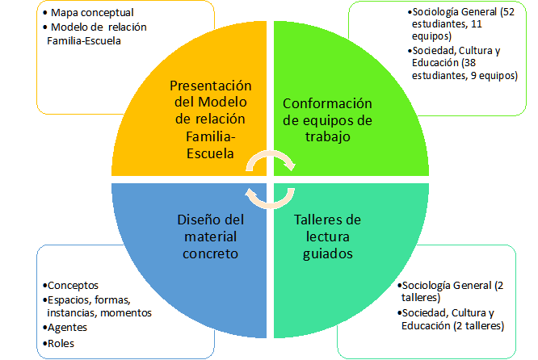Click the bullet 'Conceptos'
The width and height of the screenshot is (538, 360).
pyautogui.click(x=74, y=285)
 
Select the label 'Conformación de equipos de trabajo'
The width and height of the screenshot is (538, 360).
pyautogui.click(x=327, y=119)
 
